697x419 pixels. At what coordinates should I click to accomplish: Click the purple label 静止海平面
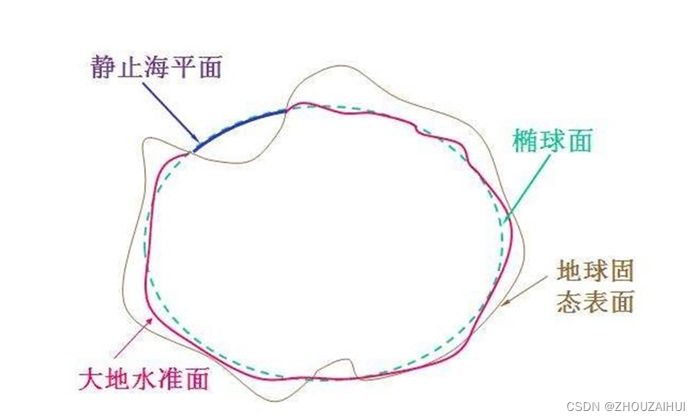pyautogui.click(x=156, y=67)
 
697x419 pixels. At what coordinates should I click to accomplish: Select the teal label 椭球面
pyautogui.click(x=553, y=141)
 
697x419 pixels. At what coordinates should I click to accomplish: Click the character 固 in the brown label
pyautogui.click(x=622, y=269)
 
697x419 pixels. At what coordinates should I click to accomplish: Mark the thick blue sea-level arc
pyautogui.click(x=242, y=125)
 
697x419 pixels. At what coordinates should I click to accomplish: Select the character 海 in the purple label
pyautogui.click(x=156, y=67)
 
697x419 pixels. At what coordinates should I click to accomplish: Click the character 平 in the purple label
pyautogui.click(x=182, y=67)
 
